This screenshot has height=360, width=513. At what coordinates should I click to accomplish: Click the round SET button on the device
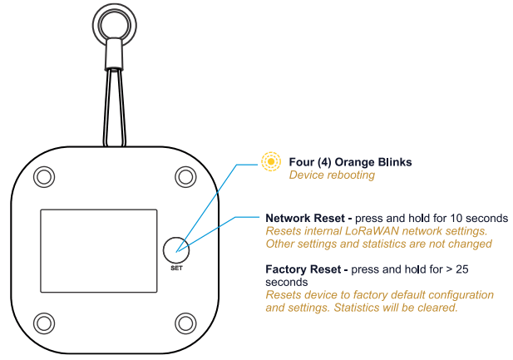[x=175, y=247]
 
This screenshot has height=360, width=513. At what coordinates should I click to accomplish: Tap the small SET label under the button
[x=175, y=268]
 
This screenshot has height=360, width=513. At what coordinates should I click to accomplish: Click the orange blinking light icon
[x=271, y=161]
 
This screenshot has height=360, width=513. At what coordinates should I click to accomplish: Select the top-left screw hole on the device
[x=42, y=176]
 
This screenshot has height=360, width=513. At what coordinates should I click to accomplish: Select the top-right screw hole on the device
[x=185, y=176]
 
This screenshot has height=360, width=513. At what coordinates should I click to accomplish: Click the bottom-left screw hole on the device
[x=42, y=321]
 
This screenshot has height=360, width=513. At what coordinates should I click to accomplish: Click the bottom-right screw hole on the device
[x=185, y=321]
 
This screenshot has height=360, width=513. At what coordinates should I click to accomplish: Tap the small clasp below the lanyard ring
[x=115, y=57]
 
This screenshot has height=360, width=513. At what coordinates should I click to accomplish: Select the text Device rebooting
[x=332, y=175]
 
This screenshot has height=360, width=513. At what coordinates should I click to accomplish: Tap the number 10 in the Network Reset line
[x=447, y=218]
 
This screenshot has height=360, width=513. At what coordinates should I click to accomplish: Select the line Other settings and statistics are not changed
[x=378, y=244]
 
